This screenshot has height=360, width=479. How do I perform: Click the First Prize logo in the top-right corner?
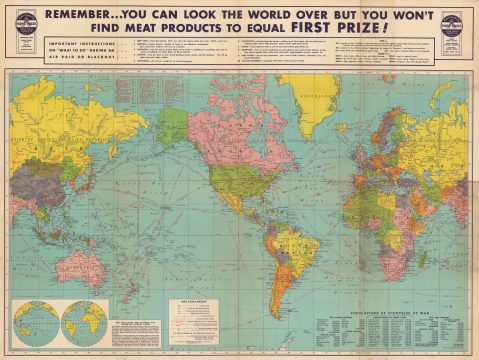[x=455, y=25]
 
